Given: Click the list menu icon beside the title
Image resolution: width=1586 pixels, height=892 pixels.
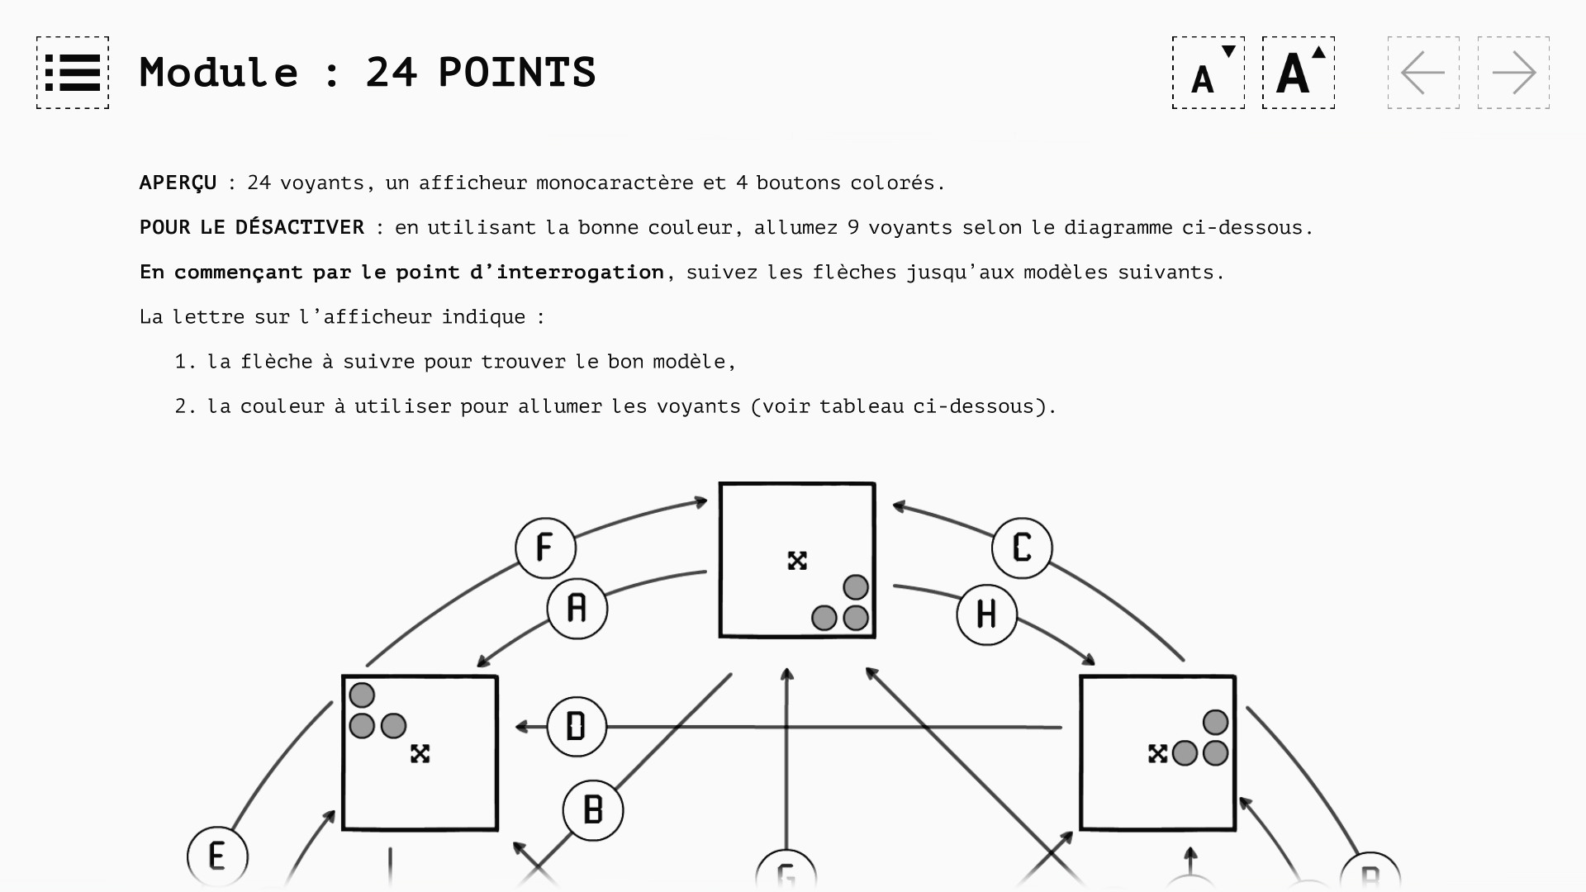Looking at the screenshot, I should pos(73,73).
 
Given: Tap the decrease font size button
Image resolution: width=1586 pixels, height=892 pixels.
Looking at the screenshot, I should pos(1208,73).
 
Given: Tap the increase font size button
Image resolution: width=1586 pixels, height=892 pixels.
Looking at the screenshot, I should pos(1298,73).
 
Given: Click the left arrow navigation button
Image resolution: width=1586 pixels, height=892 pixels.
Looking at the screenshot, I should pos(1423,73).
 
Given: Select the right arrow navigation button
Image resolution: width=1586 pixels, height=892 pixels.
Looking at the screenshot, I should pos(1513,73).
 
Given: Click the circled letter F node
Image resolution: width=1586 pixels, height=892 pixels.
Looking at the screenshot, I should pos(545,548).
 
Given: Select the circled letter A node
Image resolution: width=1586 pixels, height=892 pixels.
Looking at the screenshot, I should pos(577,609).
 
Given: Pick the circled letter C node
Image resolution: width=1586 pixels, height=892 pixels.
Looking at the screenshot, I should pos(1022,548).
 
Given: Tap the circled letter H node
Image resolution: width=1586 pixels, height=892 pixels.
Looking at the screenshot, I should pos(986,614).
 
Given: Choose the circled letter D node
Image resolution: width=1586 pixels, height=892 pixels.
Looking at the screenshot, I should pos(577,727).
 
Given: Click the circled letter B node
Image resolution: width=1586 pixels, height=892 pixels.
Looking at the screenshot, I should pos(593,810).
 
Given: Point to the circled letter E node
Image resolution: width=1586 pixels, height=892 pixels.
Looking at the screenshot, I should pos(217,856).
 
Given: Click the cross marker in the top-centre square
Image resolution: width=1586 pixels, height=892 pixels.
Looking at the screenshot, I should pos(797,561).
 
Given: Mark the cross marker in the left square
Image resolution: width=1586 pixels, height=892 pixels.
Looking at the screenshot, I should pos(420,753).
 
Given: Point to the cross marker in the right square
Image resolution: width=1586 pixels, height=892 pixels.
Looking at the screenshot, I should pos(1157,753).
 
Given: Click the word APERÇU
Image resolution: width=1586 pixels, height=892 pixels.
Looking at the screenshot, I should pos(178,183).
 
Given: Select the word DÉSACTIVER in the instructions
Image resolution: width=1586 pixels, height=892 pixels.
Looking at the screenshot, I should pos(299,227).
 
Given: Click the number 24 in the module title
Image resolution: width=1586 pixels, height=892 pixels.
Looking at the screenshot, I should pos(392,73).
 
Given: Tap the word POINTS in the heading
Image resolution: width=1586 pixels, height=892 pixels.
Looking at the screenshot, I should pos(517,73).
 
